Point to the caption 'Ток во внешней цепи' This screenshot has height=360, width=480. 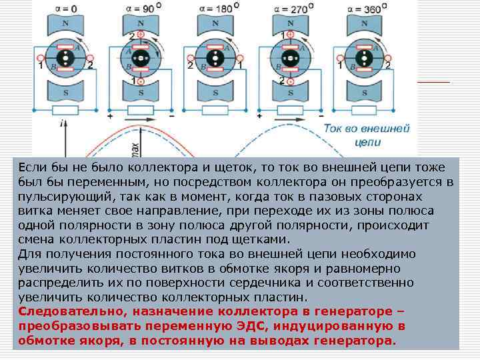(x=366, y=134)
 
